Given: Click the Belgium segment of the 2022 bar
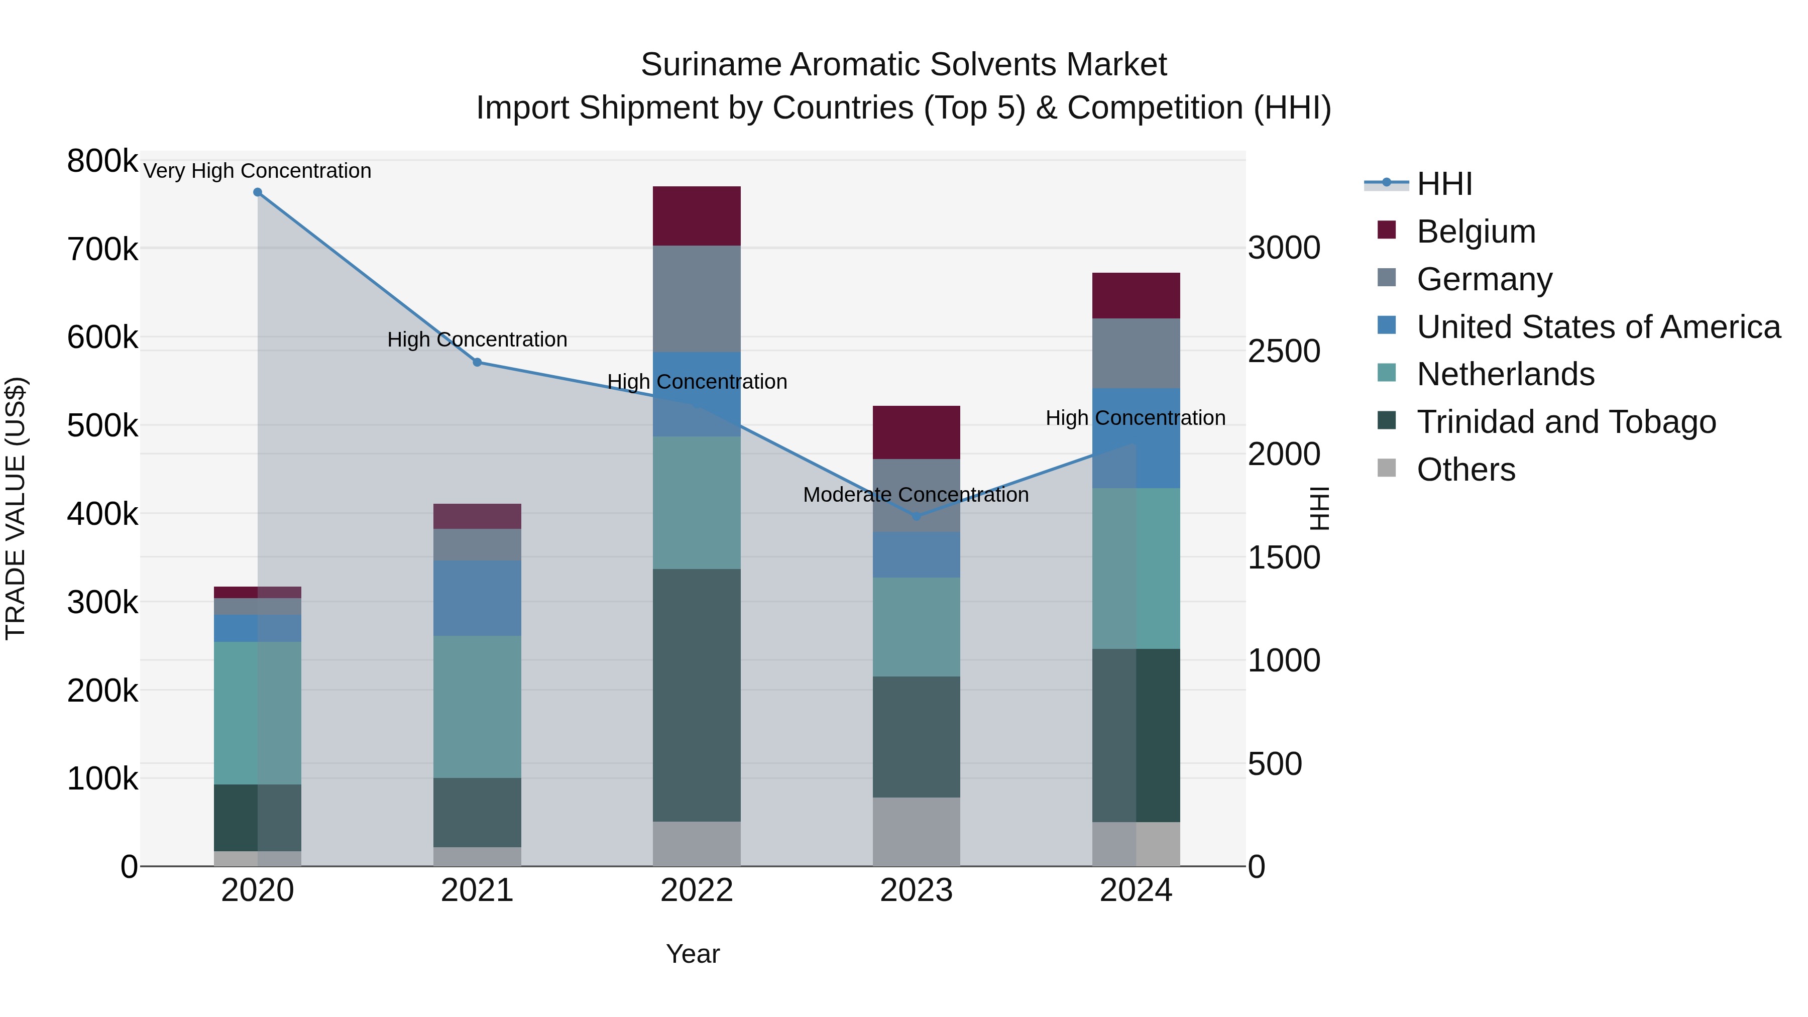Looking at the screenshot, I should pos(696,215).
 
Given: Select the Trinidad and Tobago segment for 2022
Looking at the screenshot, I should pos(696,695).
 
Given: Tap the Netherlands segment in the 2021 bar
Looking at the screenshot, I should pos(477,706).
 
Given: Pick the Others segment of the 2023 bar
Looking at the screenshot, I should pos(916,831).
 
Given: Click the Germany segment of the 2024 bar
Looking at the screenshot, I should pos(1136,353).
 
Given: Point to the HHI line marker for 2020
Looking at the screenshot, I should pos(258,192).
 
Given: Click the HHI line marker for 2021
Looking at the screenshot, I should pos(477,362).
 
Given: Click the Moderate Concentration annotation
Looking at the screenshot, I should pos(916,495).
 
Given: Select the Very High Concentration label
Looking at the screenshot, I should pos(258,171).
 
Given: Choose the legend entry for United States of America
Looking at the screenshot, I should pos(1598,327).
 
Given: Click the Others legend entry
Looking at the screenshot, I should pos(1465,470).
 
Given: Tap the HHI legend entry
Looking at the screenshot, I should pos(1444,184).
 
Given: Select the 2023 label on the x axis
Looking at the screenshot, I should pos(916,890).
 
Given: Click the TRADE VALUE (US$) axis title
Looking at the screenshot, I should pos(16,508).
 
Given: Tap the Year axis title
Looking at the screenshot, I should pos(693,954).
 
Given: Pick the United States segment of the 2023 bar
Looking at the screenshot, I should pos(916,554).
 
